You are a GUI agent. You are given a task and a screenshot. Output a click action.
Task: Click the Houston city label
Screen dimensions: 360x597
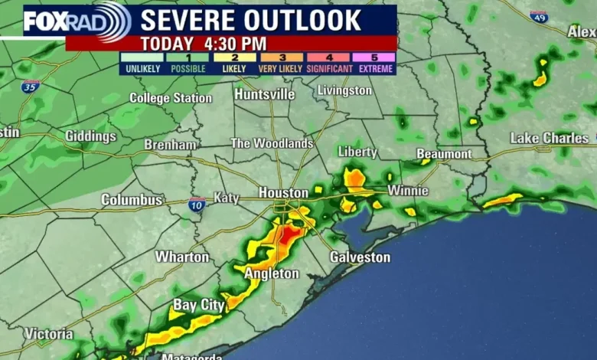tap(283, 192)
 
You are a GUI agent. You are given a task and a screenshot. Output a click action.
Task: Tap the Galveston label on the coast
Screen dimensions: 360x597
tap(360, 257)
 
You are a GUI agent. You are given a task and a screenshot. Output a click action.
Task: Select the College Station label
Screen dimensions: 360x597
tap(171, 98)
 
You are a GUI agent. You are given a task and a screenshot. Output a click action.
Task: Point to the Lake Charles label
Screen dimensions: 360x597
tap(550, 139)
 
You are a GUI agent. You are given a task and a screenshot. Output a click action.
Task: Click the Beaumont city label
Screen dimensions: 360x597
tap(444, 154)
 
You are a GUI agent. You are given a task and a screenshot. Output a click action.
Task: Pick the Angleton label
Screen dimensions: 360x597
tap(272, 273)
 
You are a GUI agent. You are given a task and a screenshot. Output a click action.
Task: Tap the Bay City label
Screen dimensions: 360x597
tap(198, 305)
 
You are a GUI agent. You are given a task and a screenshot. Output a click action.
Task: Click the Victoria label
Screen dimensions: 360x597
tap(49, 334)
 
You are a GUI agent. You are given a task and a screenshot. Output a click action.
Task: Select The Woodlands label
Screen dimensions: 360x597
tap(272, 143)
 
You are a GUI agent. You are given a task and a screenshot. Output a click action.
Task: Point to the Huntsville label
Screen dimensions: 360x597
tap(264, 94)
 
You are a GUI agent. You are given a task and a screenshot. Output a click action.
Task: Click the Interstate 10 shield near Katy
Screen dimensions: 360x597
tap(197, 205)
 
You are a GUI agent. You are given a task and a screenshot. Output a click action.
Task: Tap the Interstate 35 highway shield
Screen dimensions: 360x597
tap(31, 87)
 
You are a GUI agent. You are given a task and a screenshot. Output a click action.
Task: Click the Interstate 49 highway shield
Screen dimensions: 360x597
tap(539, 16)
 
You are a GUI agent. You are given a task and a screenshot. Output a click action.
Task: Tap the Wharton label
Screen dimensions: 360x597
tap(182, 257)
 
